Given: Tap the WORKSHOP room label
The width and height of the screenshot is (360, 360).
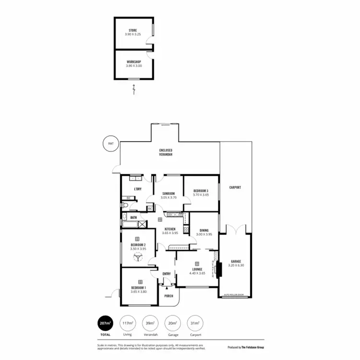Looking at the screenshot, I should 134,61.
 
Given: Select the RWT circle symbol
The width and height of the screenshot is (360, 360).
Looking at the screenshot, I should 110,143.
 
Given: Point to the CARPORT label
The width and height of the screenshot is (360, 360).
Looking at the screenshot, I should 234,187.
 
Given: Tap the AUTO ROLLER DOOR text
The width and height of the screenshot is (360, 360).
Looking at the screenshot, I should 234,295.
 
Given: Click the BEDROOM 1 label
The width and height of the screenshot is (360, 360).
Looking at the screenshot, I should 140,288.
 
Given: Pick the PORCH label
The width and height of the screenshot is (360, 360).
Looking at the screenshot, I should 168,296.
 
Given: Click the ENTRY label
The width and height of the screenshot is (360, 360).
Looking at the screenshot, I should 167,274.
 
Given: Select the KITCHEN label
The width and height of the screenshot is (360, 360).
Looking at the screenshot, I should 170,229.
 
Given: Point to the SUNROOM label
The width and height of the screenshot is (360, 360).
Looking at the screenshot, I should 168,193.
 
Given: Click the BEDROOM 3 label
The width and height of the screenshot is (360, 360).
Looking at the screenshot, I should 200,191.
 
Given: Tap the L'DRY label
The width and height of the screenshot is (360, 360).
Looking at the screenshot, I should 137,189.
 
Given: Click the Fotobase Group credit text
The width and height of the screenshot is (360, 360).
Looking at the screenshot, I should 245,347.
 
